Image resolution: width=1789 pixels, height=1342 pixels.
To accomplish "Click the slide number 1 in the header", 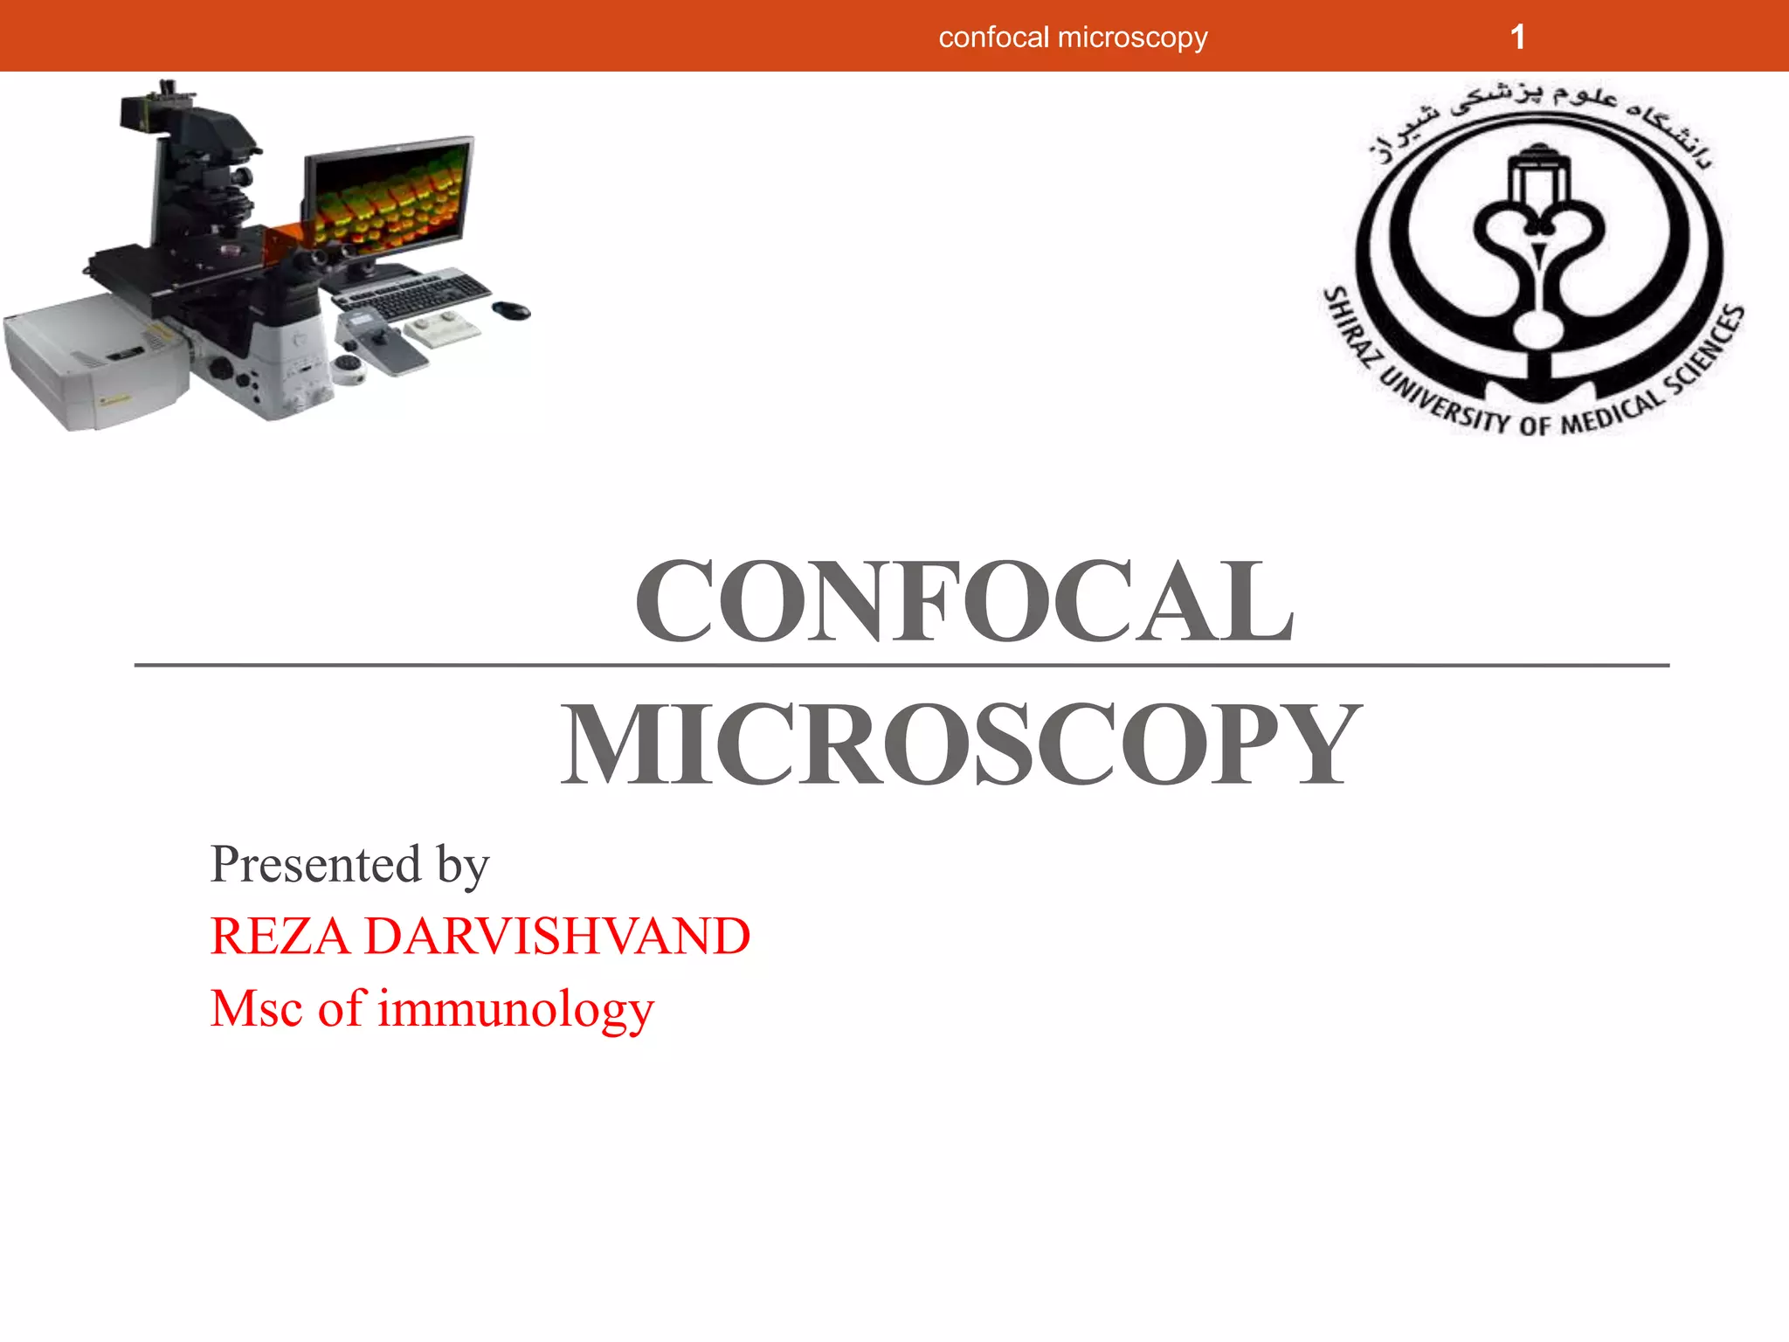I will (1518, 38).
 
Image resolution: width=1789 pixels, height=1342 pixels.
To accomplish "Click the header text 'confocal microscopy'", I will (1073, 38).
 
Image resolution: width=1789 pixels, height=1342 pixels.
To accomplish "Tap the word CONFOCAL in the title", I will (964, 602).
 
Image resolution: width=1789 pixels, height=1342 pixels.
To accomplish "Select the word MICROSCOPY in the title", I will (961, 744).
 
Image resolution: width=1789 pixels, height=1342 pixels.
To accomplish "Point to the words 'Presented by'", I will (349, 865).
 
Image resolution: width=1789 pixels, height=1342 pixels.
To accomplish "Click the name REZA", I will (280, 937).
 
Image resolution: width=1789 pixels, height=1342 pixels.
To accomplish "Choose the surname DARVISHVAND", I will (556, 937).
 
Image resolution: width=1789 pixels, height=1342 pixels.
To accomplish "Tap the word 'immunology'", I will (515, 1009).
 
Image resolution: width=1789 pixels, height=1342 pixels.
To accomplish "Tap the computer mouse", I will (512, 310).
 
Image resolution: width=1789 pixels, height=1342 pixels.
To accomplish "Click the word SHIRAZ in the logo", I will (1350, 329).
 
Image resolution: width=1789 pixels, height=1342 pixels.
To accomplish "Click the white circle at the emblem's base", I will (1538, 331).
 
